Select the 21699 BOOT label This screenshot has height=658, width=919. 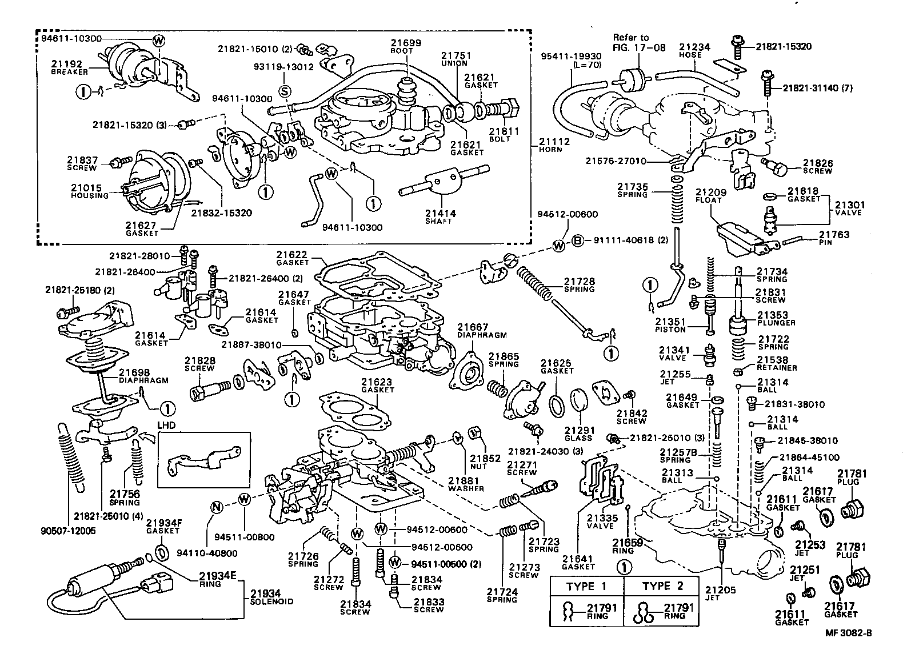(406, 46)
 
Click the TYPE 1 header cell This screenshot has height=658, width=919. (586, 587)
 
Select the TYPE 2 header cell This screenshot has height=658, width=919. (662, 587)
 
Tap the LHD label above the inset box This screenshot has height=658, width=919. (166, 426)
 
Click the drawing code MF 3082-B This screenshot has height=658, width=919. (848, 633)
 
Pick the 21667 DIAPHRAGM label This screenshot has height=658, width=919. (481, 331)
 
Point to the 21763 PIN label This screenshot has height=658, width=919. (834, 238)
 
